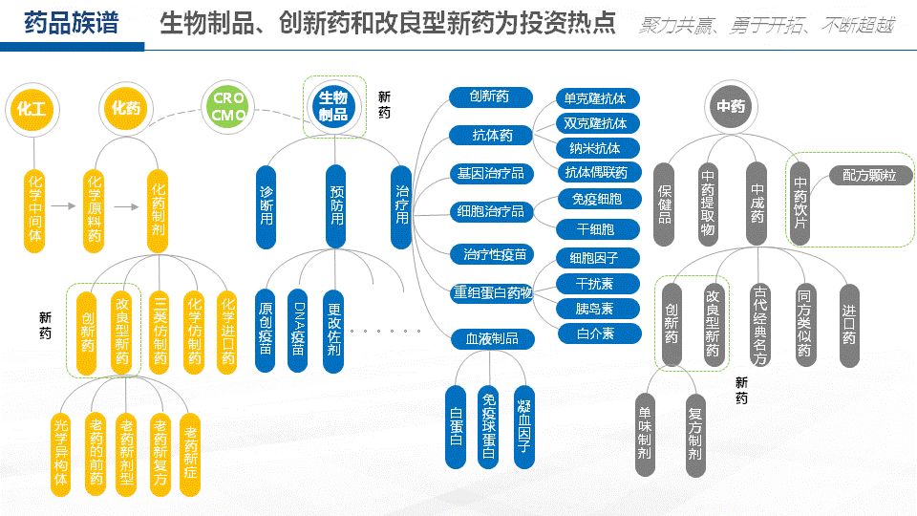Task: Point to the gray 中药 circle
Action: pyautogui.click(x=731, y=107)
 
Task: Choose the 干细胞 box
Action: pyautogui.click(x=596, y=229)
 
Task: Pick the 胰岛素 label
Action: pyautogui.click(x=596, y=309)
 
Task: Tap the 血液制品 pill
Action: pyautogui.click(x=492, y=338)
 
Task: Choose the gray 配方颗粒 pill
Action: pyautogui.click(x=869, y=176)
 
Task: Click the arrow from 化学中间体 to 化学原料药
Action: pyautogui.click(x=64, y=204)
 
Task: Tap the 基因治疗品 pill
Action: pyautogui.click(x=492, y=174)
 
